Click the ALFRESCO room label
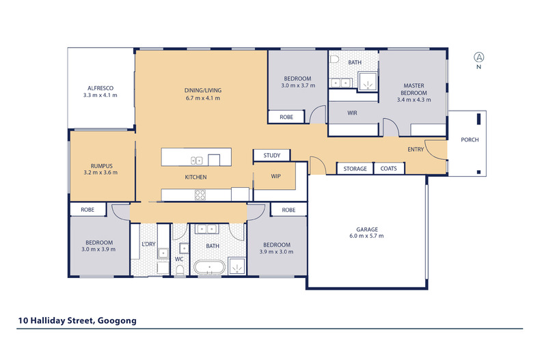(100, 88)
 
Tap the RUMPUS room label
(102, 166)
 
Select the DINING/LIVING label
(203, 91)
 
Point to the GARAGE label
(367, 230)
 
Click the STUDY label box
(272, 155)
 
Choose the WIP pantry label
(276, 176)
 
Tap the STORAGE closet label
(355, 169)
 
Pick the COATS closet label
(388, 169)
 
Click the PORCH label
(470, 140)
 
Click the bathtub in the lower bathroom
(209, 267)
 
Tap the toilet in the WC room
(180, 270)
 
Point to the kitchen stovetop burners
(200, 195)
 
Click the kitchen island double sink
(197, 161)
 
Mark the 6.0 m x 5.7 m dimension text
(366, 236)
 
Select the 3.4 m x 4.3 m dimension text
(414, 100)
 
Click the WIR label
(352, 113)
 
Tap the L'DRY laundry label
(149, 244)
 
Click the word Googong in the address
(117, 321)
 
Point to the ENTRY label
(416, 150)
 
